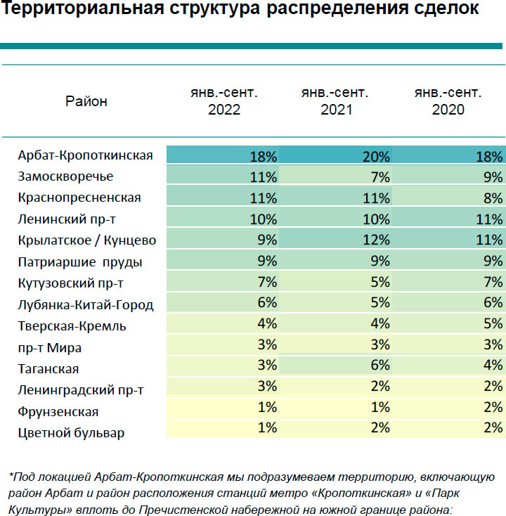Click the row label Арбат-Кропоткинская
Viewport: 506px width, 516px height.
click(85, 155)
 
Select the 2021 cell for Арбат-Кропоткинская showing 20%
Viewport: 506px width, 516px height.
click(376, 156)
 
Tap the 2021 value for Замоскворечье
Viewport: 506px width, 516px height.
click(380, 177)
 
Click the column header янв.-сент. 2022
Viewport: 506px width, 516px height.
click(223, 101)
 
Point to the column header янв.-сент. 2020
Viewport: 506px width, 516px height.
click(448, 101)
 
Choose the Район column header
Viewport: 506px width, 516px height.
click(86, 101)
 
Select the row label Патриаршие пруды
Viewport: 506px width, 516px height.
click(80, 262)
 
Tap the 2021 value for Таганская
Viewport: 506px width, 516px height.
click(380, 368)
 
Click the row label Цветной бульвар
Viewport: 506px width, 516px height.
click(71, 432)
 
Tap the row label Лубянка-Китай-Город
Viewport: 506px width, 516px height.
click(86, 305)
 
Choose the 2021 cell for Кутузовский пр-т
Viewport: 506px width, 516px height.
click(380, 283)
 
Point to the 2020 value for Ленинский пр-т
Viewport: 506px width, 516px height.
click(488, 219)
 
